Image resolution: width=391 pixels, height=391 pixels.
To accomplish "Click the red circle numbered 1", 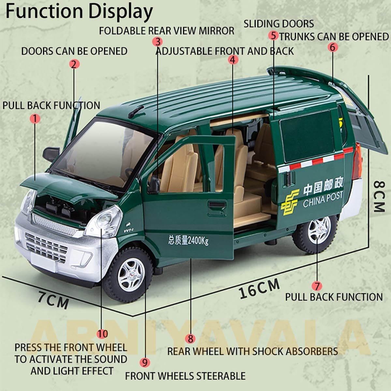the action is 35,119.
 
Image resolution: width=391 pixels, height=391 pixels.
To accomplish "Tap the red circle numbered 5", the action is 273,36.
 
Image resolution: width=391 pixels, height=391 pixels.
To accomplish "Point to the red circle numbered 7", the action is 317,286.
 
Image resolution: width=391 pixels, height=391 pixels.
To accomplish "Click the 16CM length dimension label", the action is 259,289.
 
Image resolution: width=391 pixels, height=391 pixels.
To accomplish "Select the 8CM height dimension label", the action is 379,196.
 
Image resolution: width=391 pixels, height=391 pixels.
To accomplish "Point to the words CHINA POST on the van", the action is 323,200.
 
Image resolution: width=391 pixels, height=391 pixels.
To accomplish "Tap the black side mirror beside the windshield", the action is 51,153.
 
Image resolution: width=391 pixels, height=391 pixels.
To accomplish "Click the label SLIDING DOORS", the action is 279,24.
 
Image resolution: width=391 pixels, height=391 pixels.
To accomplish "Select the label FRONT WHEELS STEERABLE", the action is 185,376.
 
